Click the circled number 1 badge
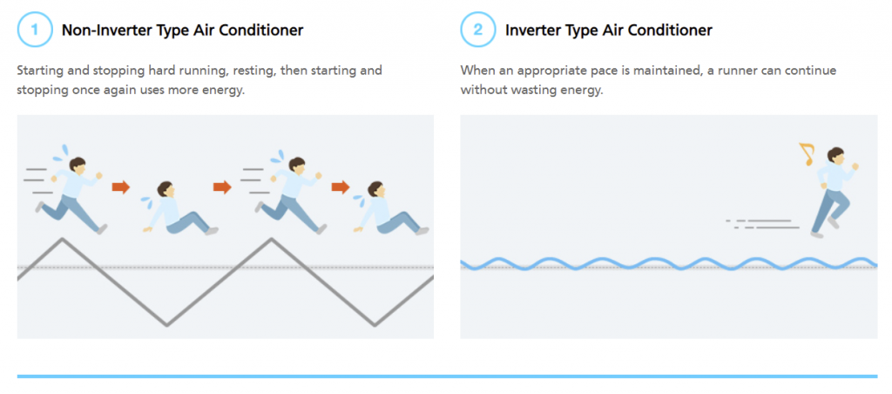click(x=35, y=29)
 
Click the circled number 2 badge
click(x=478, y=29)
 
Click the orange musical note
click(x=807, y=153)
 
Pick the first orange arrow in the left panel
click(x=120, y=187)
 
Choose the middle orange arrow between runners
click(x=222, y=187)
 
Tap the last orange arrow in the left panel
click(x=341, y=187)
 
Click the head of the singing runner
click(x=835, y=157)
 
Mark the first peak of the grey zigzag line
click(x=63, y=239)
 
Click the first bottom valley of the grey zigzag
click(x=166, y=325)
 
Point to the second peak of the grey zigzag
click(x=272, y=239)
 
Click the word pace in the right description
click(x=577, y=71)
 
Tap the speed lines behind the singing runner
click(x=762, y=224)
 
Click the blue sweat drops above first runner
click(x=61, y=153)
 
